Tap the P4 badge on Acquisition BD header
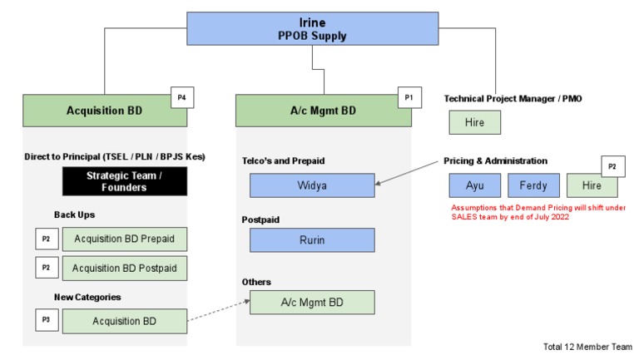[182, 97]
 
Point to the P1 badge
[409, 97]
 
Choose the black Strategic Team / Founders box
[125, 180]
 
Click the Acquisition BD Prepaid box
[125, 239]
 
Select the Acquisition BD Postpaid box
[125, 268]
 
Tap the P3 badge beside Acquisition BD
[47, 320]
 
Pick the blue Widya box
[312, 185]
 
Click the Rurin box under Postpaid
[312, 239]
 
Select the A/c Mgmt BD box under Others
[312, 303]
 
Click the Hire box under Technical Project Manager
[475, 123]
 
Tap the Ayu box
[474, 185]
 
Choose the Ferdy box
[533, 185]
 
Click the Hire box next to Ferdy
[592, 185]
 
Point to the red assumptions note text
[537, 212]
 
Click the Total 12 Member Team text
[587, 346]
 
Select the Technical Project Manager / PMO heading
[513, 98]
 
